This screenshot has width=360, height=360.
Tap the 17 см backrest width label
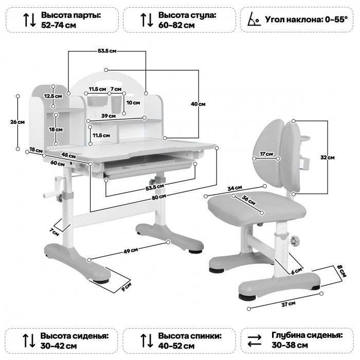(266, 154)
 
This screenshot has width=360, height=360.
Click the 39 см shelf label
(108, 116)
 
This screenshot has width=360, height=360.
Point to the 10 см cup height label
(133, 103)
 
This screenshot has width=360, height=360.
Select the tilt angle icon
(252, 19)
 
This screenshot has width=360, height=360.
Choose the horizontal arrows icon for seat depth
(254, 340)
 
